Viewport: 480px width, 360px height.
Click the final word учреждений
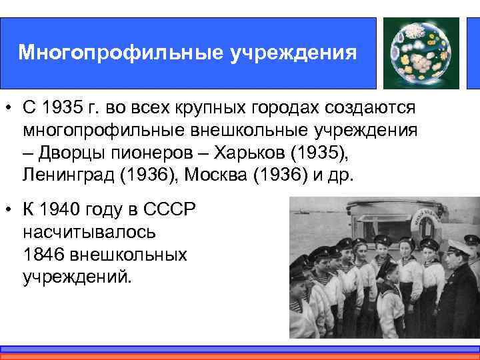coord(77,277)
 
